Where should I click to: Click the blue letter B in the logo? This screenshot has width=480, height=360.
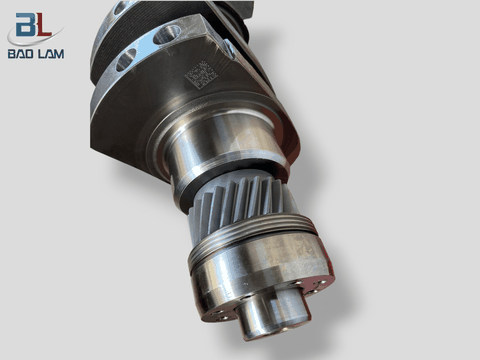(22, 22)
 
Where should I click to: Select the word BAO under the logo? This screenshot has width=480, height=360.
(21, 54)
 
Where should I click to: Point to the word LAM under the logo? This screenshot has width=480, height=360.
(50, 54)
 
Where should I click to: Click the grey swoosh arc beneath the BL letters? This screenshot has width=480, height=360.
(30, 40)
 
